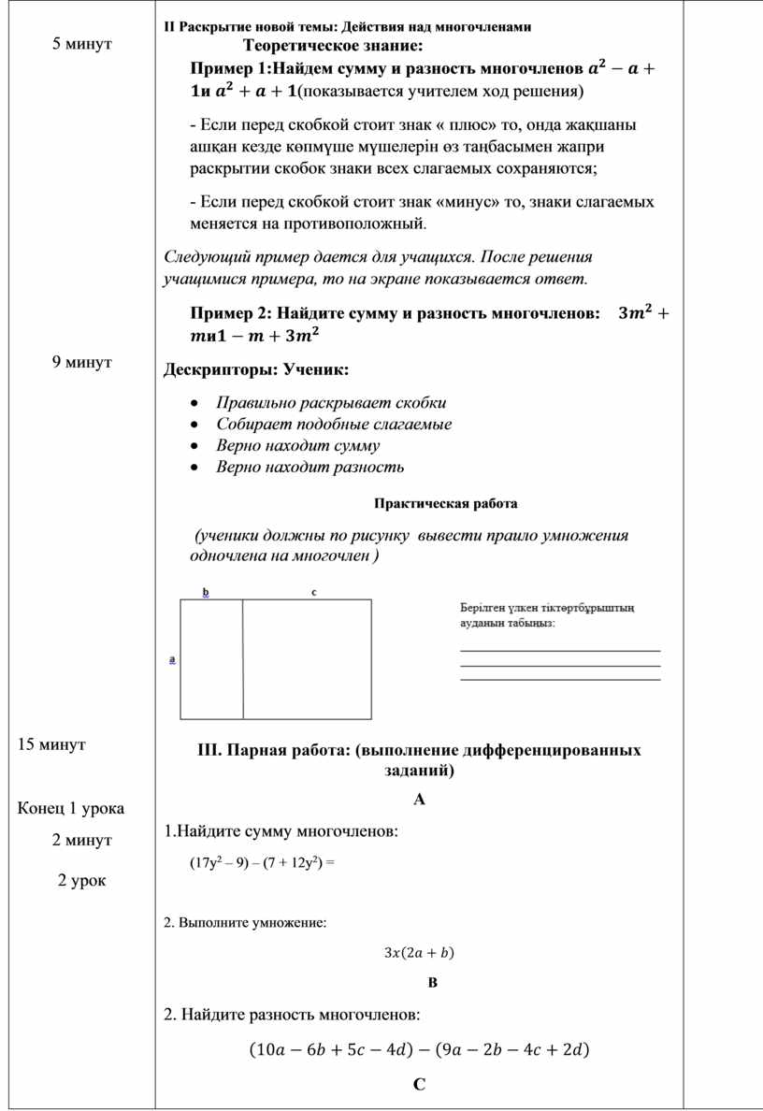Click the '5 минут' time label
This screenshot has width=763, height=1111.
click(x=82, y=43)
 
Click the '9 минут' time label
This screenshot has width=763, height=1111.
click(x=82, y=361)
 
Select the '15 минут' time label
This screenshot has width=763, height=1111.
click(x=51, y=744)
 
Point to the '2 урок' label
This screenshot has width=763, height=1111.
click(x=81, y=880)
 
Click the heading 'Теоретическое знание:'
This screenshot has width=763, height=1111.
click(x=332, y=45)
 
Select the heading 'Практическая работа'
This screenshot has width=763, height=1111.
click(x=445, y=504)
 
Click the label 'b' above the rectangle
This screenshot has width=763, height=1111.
click(x=206, y=592)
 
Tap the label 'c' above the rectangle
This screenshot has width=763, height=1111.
click(x=314, y=592)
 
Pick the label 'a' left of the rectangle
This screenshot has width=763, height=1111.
click(x=172, y=659)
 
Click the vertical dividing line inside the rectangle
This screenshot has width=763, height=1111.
click(x=243, y=659)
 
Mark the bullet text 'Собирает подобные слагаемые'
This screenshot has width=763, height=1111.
click(x=334, y=425)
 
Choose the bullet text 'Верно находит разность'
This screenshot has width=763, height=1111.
click(x=310, y=467)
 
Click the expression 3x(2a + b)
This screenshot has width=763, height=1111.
click(x=419, y=953)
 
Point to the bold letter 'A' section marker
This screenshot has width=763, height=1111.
click(x=419, y=800)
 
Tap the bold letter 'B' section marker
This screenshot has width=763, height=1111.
click(x=432, y=983)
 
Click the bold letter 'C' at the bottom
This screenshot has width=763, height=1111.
click(x=419, y=1085)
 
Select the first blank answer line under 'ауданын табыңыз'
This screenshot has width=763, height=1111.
click(x=560, y=651)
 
